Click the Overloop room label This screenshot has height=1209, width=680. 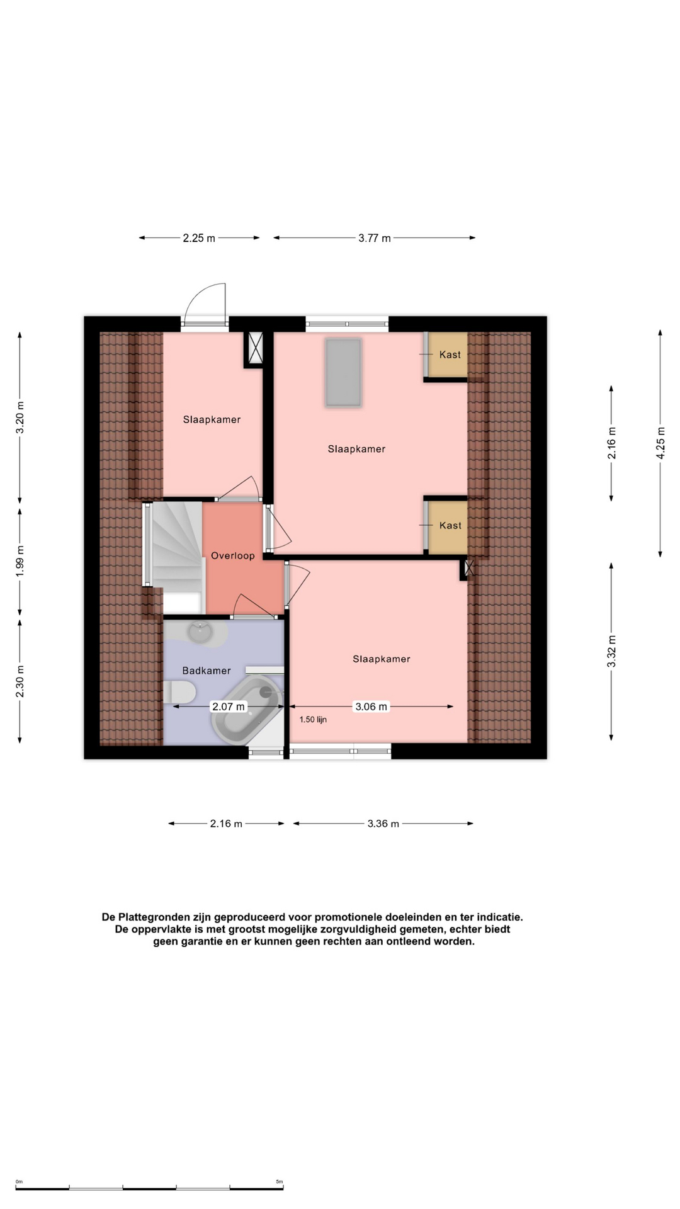point(233,555)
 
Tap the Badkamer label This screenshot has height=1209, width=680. point(207,671)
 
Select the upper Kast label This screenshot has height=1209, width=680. point(450,355)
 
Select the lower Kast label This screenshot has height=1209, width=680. point(450,525)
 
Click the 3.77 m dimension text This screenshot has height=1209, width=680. point(375,238)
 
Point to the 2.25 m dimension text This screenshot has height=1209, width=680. point(199,238)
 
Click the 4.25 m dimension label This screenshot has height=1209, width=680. point(660,443)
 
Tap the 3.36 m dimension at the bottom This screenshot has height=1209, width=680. point(383,824)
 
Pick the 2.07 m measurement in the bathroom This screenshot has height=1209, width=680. point(229,707)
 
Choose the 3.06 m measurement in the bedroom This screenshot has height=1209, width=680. point(371,707)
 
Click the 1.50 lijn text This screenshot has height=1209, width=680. point(313,719)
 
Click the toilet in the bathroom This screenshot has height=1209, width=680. point(179,693)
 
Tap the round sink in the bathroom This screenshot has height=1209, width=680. point(200,632)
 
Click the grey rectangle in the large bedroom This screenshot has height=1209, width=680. point(343,372)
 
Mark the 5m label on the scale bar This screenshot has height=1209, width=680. point(280,1182)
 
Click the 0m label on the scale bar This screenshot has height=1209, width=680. point(19,1182)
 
